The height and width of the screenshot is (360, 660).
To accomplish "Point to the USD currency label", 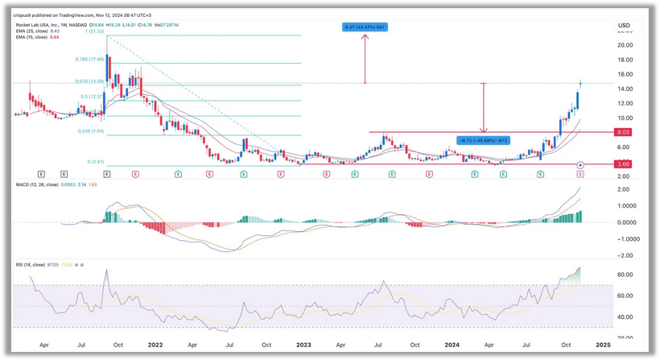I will (624, 26).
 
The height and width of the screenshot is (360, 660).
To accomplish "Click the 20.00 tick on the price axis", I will (624, 45).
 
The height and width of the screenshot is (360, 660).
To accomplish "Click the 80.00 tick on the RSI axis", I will (624, 275).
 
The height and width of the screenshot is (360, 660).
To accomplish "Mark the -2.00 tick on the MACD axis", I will (624, 255).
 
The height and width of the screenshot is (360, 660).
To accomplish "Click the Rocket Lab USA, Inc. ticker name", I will (40, 25).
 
